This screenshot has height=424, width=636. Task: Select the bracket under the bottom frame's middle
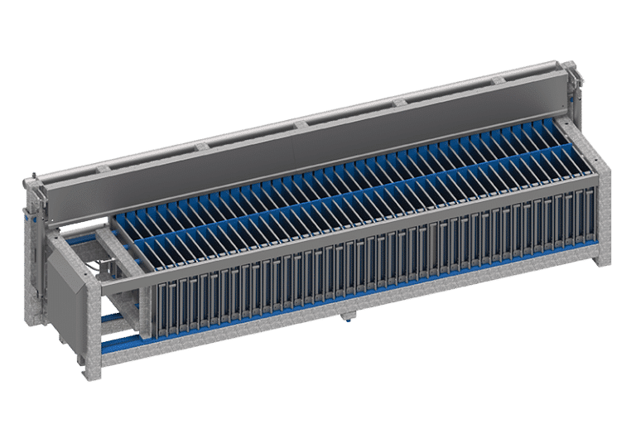tap(347, 316)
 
